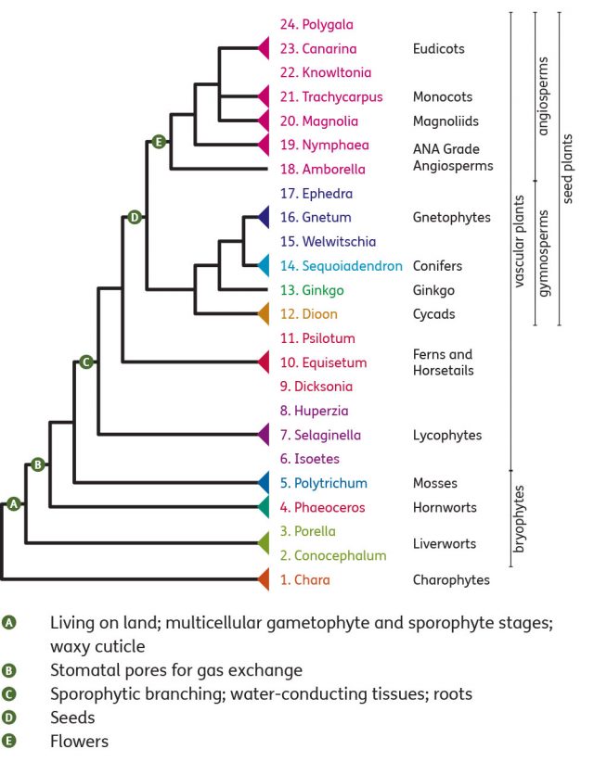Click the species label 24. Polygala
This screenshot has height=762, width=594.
pyautogui.click(x=316, y=24)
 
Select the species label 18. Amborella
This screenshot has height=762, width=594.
pyautogui.click(x=322, y=170)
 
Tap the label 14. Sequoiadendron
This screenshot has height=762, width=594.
pyautogui.click(x=341, y=266)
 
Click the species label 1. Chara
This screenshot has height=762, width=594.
pyautogui.click(x=304, y=580)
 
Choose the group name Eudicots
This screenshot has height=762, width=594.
pyautogui.click(x=439, y=48)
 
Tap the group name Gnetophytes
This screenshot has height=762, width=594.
pyautogui.click(x=450, y=218)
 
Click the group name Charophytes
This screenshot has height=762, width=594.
pyautogui.click(x=450, y=580)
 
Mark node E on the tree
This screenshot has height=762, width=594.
pyautogui.click(x=159, y=142)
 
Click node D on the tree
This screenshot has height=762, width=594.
pyautogui.click(x=135, y=217)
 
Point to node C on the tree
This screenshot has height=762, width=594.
pyautogui.click(x=86, y=362)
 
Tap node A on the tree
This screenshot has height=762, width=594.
pyautogui.click(x=13, y=503)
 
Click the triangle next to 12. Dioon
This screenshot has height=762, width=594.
pyautogui.click(x=264, y=314)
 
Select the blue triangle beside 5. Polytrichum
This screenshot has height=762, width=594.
pyautogui.click(x=264, y=483)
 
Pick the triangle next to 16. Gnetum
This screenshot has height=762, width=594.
pyautogui.click(x=264, y=218)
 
